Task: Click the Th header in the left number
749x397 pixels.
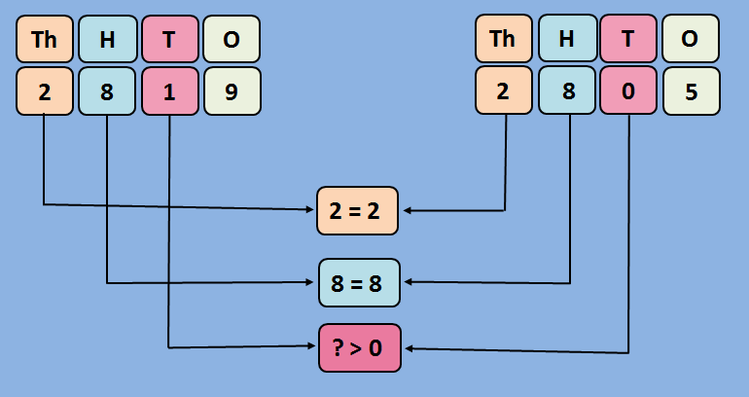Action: point(45,39)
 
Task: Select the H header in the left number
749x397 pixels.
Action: point(107,39)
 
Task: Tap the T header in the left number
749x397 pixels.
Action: point(169,39)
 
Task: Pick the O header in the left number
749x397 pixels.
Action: point(232,39)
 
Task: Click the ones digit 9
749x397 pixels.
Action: point(232,91)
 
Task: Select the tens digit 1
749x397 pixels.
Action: point(169,91)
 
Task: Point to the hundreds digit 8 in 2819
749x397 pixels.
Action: point(107,91)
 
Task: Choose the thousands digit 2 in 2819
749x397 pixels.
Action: point(45,91)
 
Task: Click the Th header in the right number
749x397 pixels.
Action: point(504,39)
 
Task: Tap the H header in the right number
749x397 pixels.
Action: point(566,39)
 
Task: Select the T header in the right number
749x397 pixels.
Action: point(628,39)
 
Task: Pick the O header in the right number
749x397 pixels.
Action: point(691,39)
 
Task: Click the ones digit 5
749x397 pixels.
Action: point(691,91)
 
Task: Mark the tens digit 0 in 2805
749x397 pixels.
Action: point(628,91)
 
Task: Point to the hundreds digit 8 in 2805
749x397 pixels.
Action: point(566,91)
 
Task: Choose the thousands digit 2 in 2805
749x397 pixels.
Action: point(504,91)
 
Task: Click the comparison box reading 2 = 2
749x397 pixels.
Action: point(359,210)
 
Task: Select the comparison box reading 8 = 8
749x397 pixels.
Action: point(359,283)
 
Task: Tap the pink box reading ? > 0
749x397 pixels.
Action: point(359,347)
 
